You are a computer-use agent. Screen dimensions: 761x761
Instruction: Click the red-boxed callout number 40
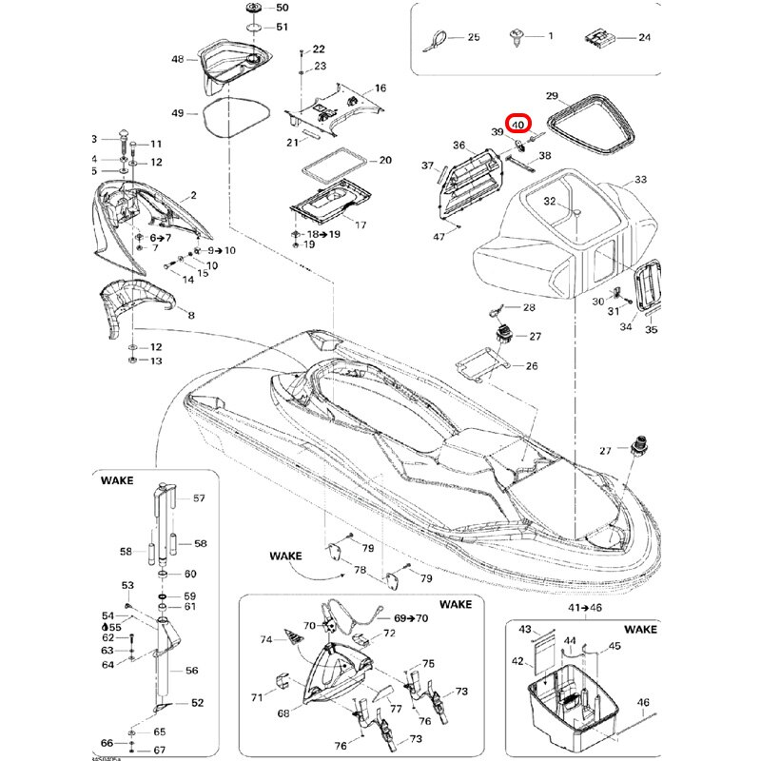point(517,124)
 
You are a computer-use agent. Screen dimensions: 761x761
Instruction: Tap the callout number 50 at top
point(282,8)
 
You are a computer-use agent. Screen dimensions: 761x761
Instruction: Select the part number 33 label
point(640,179)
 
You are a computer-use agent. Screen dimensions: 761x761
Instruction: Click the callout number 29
point(551,96)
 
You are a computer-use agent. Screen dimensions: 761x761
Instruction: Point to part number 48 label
point(178,59)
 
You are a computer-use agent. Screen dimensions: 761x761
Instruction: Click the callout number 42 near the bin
point(517,660)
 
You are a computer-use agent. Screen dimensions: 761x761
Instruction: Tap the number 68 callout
point(283,713)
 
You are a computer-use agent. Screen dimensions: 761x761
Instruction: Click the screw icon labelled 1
point(518,37)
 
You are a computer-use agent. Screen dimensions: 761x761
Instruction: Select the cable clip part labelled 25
point(438,38)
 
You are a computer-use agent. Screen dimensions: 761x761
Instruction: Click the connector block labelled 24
point(596,38)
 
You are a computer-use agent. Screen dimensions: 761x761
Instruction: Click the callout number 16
point(380,88)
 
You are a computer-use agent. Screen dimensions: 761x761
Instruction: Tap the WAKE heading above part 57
point(117,481)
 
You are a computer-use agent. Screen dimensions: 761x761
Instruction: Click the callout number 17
point(361,224)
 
